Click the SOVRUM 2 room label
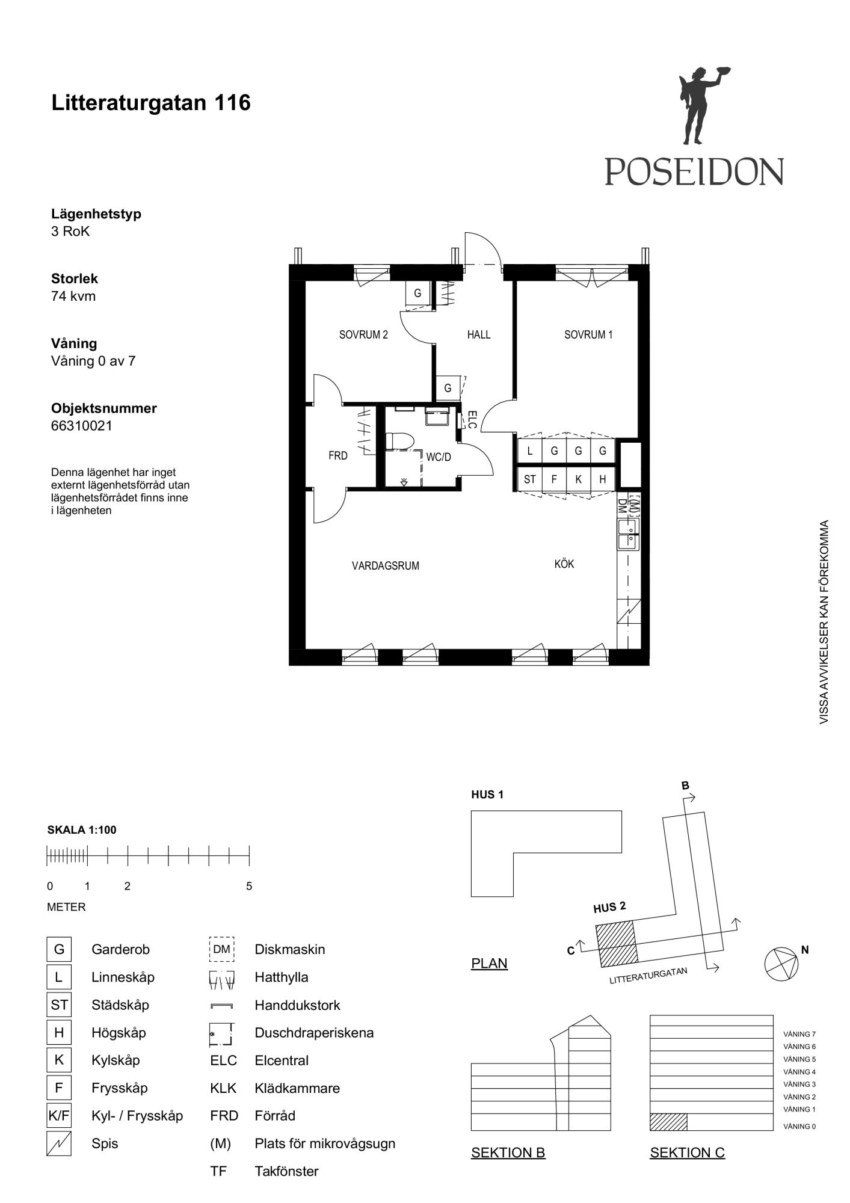[x=363, y=335]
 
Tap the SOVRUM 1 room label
[x=588, y=335]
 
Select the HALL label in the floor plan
[x=479, y=335]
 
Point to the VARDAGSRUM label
[x=386, y=566]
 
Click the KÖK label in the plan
[x=564, y=564]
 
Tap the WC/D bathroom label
[x=439, y=457]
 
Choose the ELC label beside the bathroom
[x=472, y=420]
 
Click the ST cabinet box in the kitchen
[x=530, y=479]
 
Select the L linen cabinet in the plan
[x=530, y=451]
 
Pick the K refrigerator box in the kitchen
[x=578, y=479]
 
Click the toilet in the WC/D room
[x=399, y=441]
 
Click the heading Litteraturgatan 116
[x=151, y=103]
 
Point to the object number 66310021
[x=82, y=426]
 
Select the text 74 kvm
[x=73, y=296]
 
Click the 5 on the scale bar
[x=249, y=886]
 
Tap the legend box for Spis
[x=59, y=1143]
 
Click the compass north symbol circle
[x=781, y=964]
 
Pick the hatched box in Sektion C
[x=668, y=1122]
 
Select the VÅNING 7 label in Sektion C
[x=799, y=1034]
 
